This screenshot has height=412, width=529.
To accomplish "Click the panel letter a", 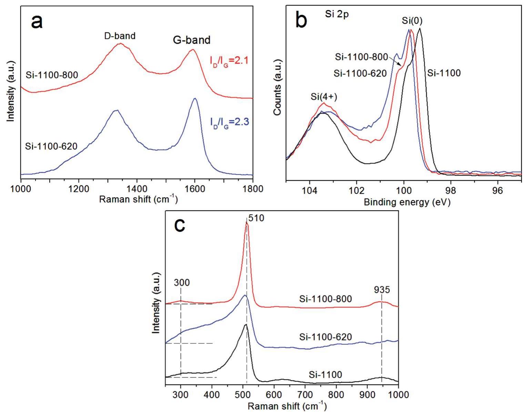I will [x=37, y=22].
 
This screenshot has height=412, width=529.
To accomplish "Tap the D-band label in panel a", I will [x=120, y=35].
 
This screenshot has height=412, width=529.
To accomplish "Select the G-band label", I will [x=191, y=40].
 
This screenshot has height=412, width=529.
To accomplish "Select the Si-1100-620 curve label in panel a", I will [x=51, y=146].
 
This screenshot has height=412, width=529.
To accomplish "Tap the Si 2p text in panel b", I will [x=337, y=14].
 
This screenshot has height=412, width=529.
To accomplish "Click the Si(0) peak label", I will [x=412, y=21].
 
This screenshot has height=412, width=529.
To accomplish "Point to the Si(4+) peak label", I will [x=324, y=97].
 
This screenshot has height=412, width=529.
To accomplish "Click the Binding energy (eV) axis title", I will [x=407, y=202].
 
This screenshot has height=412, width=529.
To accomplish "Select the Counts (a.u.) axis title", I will [x=277, y=87].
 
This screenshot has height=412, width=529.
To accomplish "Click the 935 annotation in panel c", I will [x=382, y=290].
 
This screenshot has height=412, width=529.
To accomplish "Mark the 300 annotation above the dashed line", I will [x=182, y=282].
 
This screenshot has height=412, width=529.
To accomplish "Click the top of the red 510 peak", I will [x=246, y=223].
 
